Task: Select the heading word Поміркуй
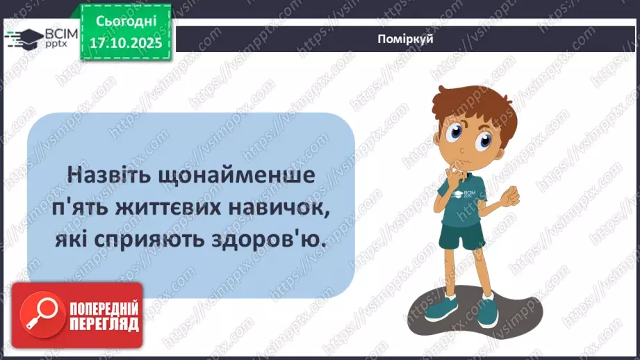pyautogui.click(x=407, y=39)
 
